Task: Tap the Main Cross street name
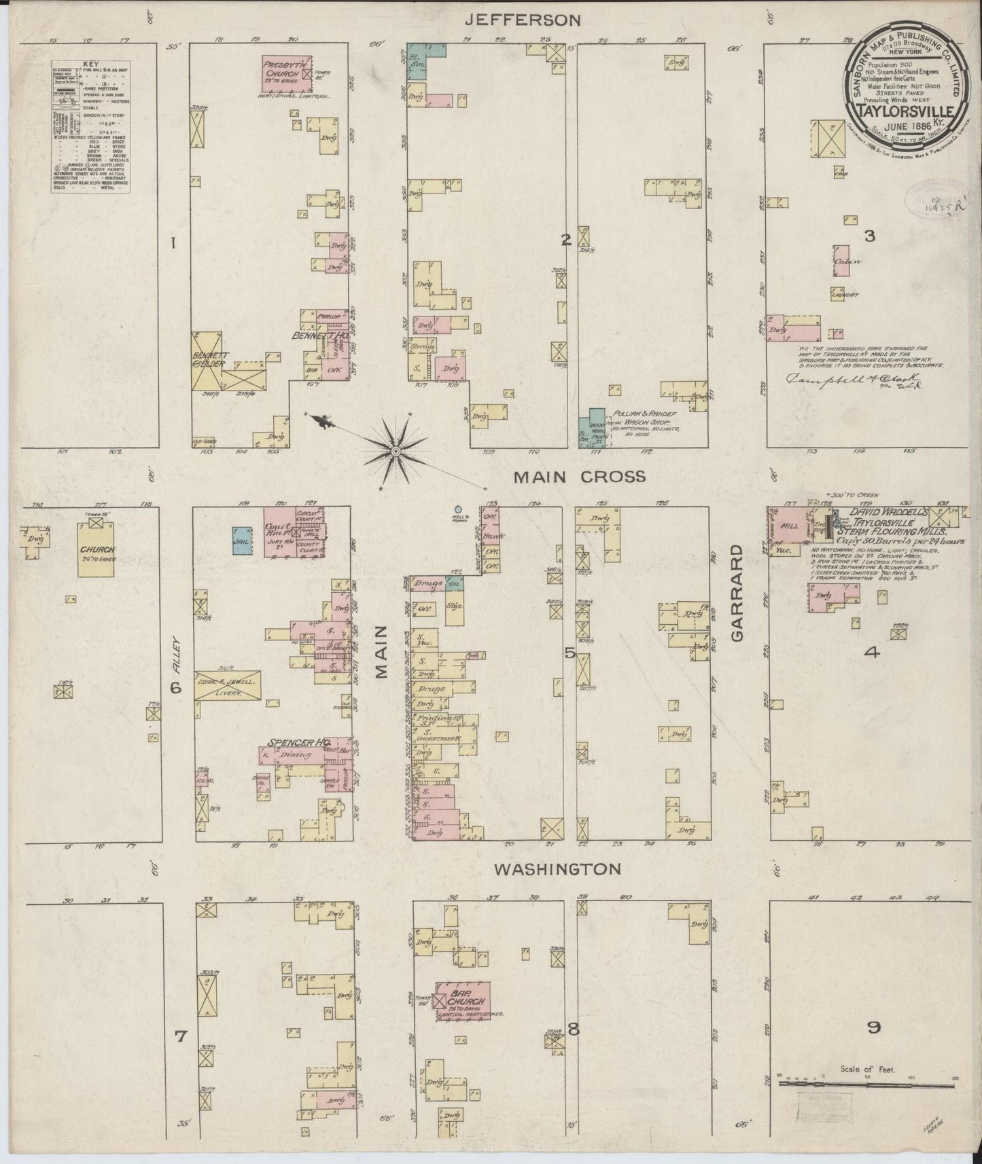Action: coord(579,477)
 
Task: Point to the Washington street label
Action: coord(557,869)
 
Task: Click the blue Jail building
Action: coord(240,541)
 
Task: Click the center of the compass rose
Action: coord(396,450)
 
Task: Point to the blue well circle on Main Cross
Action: coord(458,509)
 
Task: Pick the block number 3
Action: coord(869,237)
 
